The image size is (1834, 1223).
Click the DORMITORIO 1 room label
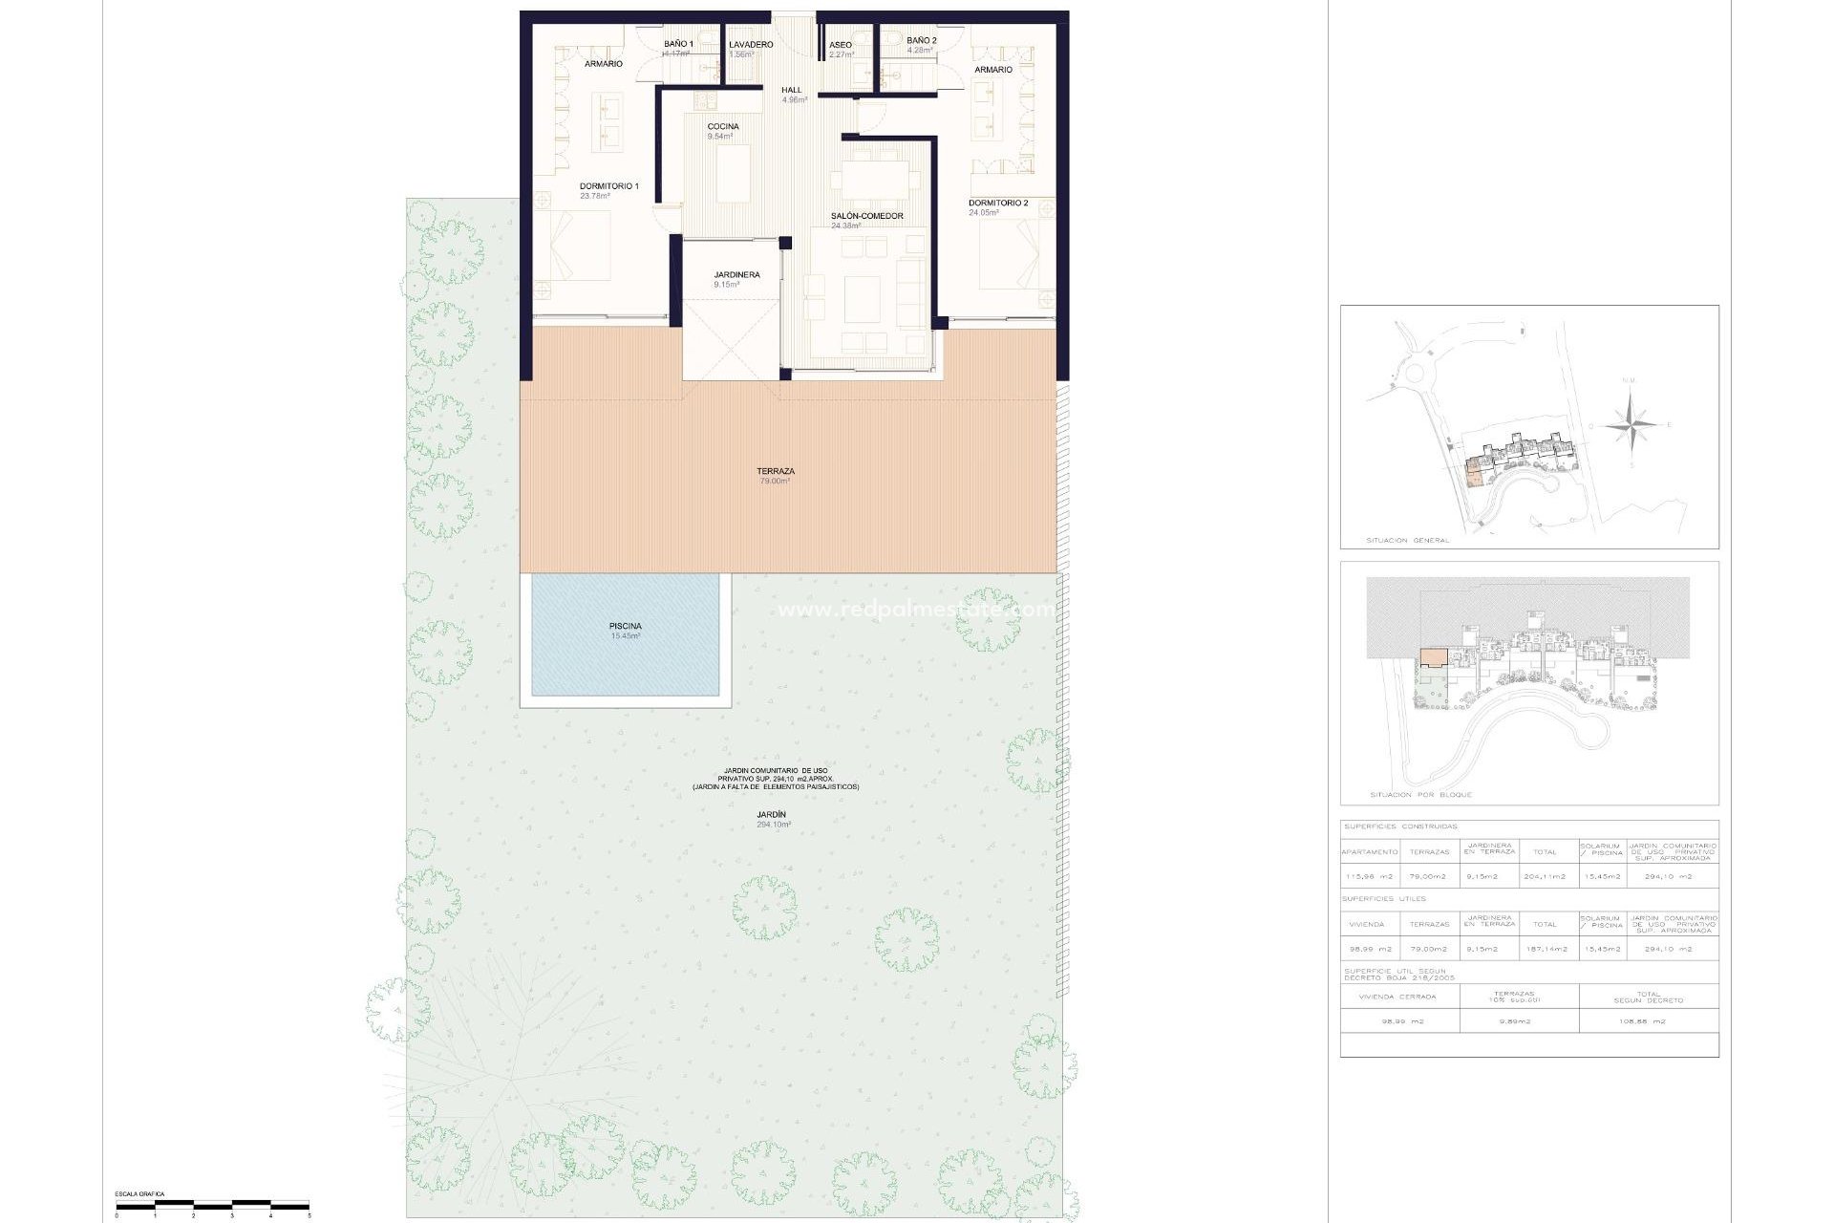(x=608, y=186)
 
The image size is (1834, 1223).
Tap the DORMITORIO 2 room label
(x=998, y=204)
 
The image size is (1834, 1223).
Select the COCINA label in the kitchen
(x=723, y=127)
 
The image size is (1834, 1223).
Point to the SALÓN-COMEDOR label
(x=866, y=216)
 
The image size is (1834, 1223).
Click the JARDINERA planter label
(x=736, y=275)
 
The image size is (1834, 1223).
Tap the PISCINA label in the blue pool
(x=626, y=627)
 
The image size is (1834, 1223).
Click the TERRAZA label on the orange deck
(x=776, y=471)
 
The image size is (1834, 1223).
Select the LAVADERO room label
(x=751, y=45)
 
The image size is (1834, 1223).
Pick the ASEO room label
(x=841, y=45)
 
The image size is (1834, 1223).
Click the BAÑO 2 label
(x=922, y=41)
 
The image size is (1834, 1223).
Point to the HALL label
(x=792, y=90)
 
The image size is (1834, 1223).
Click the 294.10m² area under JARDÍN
(x=774, y=825)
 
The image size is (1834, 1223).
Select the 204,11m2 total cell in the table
(x=1545, y=876)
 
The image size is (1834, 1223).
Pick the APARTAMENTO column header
(x=1370, y=851)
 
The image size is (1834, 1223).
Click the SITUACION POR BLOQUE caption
(x=1420, y=795)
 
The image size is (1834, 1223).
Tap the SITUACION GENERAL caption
(x=1407, y=541)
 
